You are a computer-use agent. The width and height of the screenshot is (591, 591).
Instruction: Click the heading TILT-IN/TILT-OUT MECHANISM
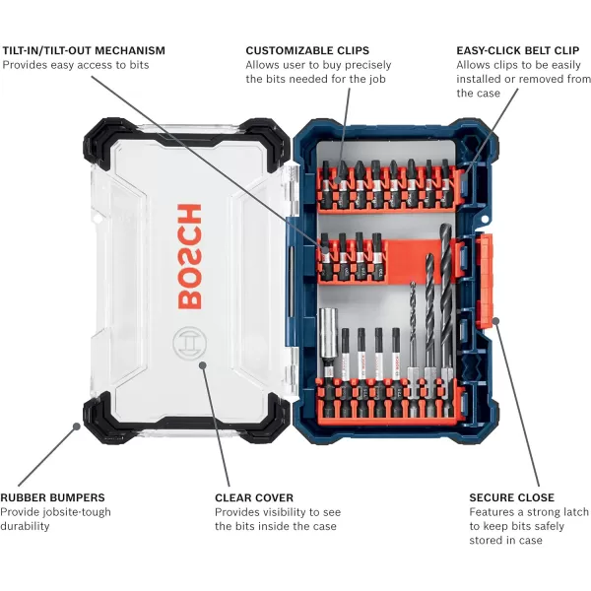pyautogui.click(x=84, y=50)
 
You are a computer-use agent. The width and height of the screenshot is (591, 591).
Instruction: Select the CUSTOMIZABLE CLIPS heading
pyautogui.click(x=307, y=50)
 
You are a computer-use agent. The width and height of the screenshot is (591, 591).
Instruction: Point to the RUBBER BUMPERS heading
pyautogui.click(x=52, y=497)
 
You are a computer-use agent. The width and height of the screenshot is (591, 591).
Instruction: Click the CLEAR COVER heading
pyautogui.click(x=254, y=497)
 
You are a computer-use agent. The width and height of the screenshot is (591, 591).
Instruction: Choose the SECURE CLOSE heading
pyautogui.click(x=511, y=497)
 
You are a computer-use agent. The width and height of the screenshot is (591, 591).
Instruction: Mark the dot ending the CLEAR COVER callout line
pyautogui.click(x=204, y=365)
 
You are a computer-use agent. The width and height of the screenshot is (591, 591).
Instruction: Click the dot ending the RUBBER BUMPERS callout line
pyautogui.click(x=75, y=426)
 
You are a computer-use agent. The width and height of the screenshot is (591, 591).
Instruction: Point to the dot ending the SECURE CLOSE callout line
pyautogui.click(x=495, y=321)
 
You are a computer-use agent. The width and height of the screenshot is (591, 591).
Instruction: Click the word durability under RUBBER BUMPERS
pyautogui.click(x=26, y=526)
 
